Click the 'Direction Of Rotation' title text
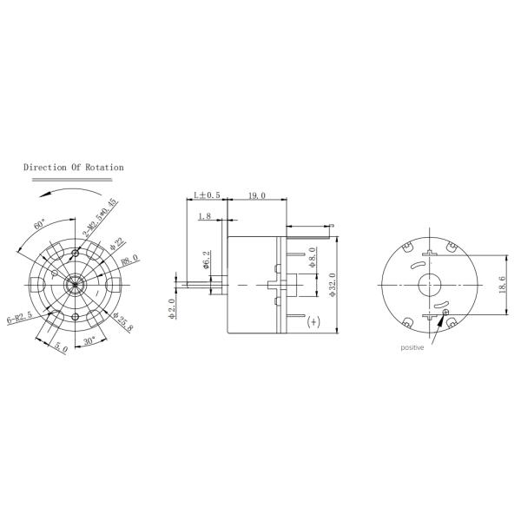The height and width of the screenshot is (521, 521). pos(73,167)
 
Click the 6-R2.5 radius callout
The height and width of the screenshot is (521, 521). pos(20,317)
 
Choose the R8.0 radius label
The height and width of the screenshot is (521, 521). pos(130,261)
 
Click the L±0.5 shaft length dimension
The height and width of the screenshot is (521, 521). pos(207,197)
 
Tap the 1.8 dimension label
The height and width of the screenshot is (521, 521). pos(205,216)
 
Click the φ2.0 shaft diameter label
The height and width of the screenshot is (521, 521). pos(173,307)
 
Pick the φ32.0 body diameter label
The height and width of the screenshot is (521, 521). pos(332,285)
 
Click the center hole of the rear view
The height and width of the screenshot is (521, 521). pos(430,285)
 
